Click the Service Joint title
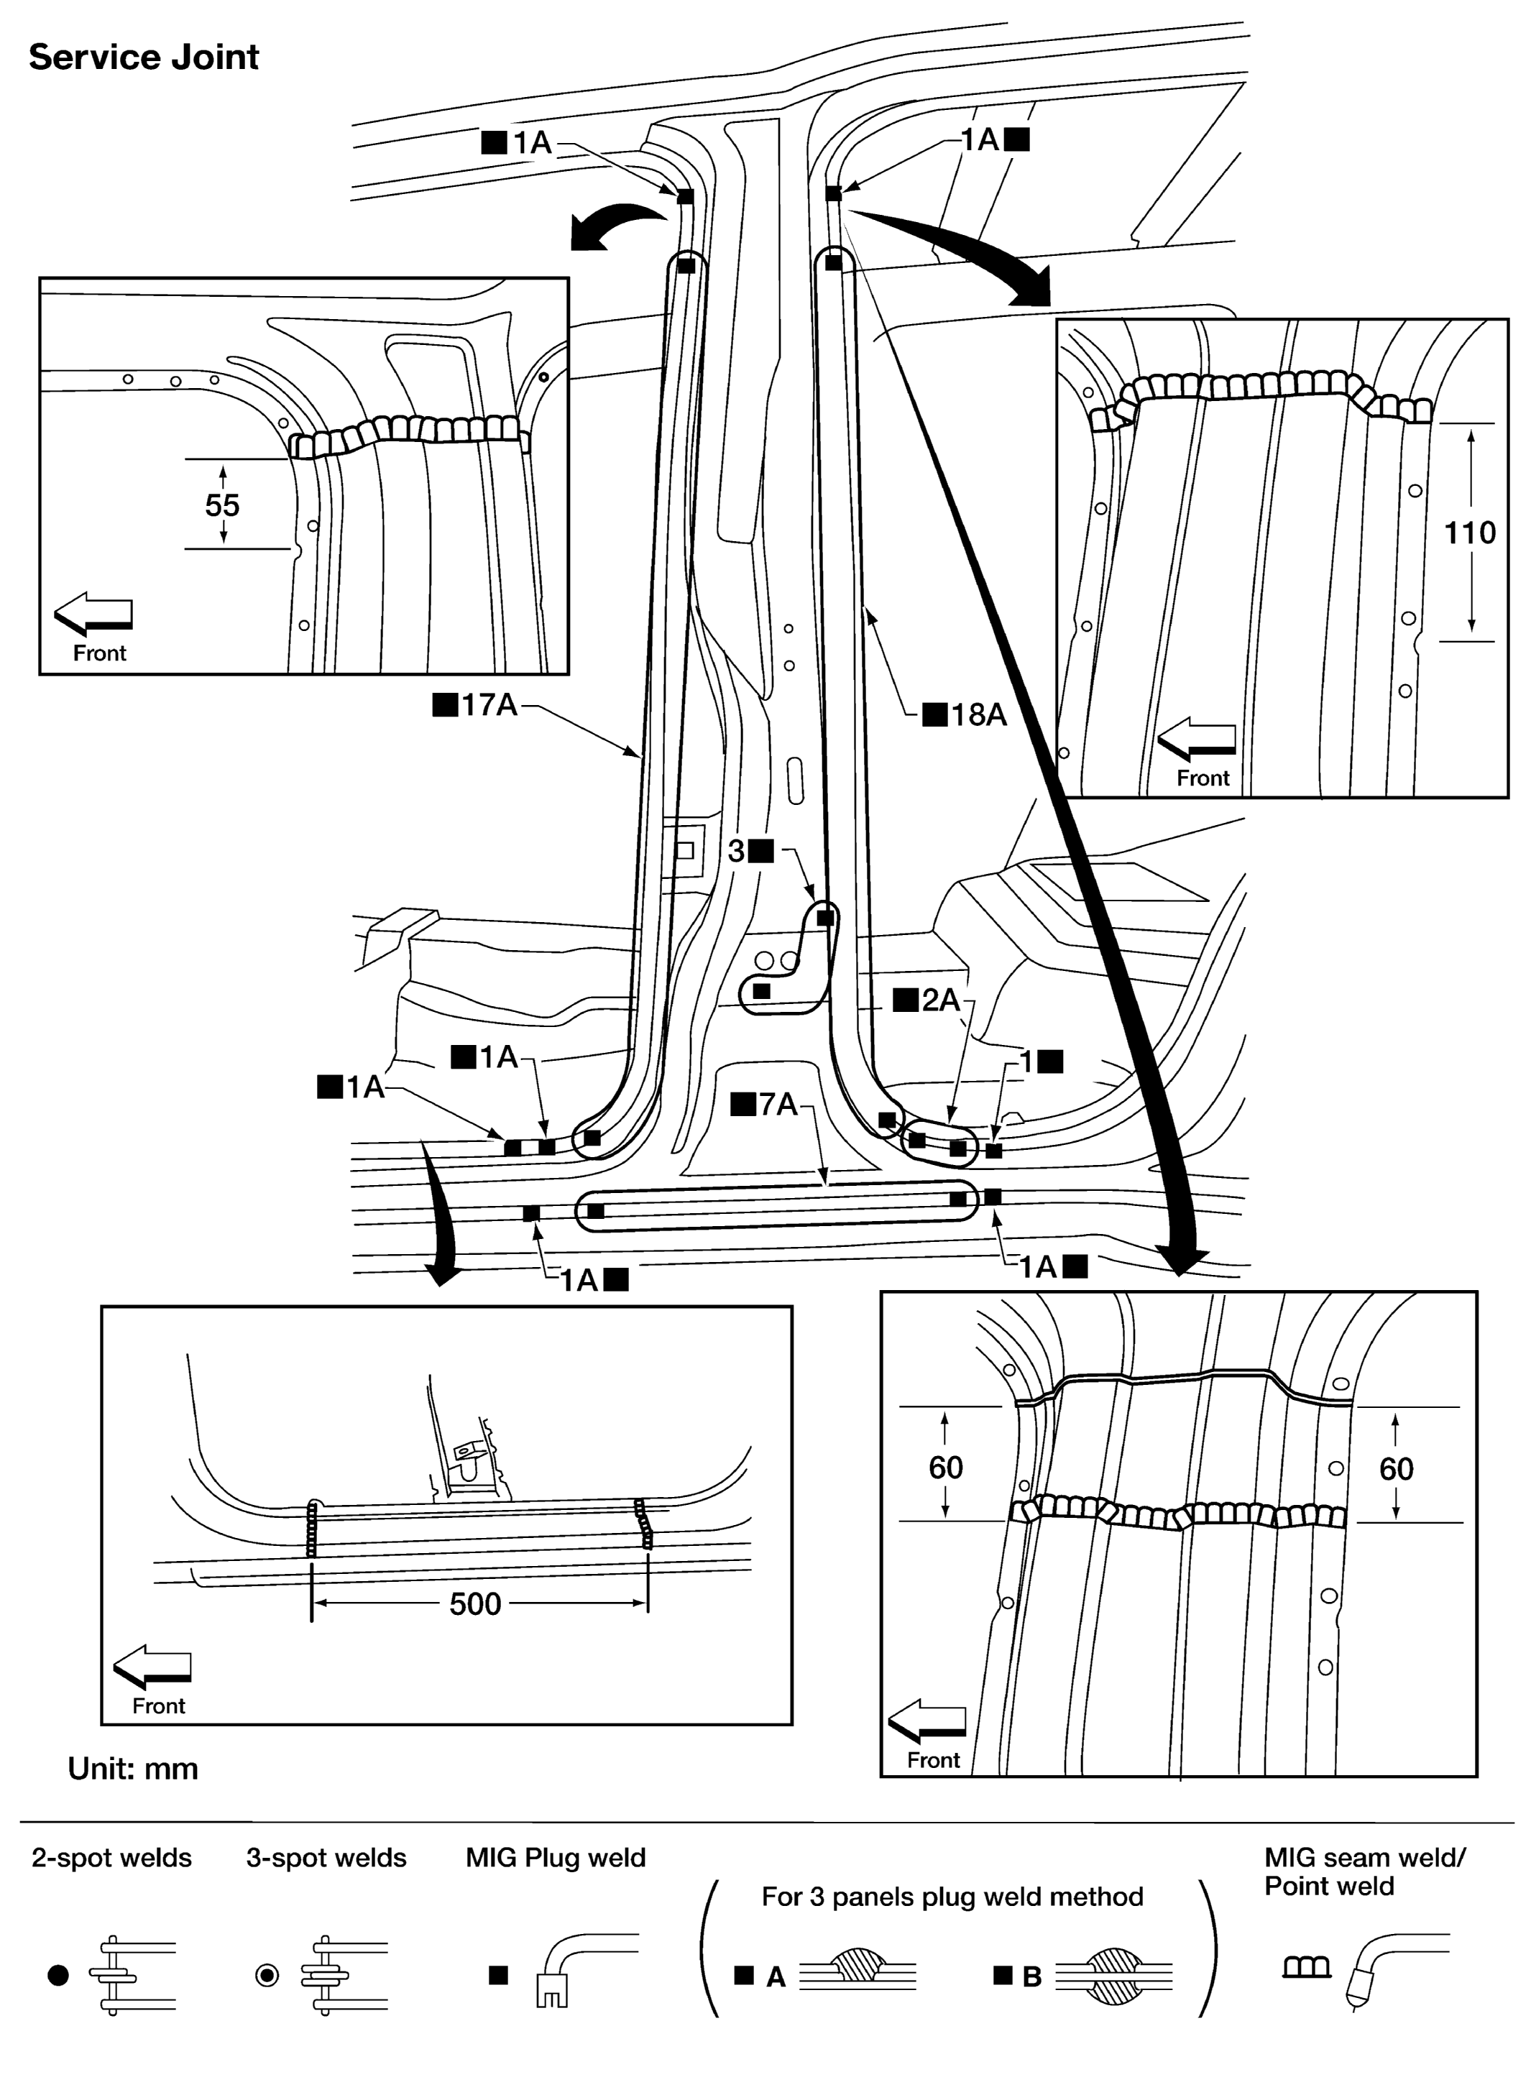pyautogui.click(x=144, y=57)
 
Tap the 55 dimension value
pyautogui.click(x=221, y=505)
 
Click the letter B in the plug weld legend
pyautogui.click(x=1031, y=1977)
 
